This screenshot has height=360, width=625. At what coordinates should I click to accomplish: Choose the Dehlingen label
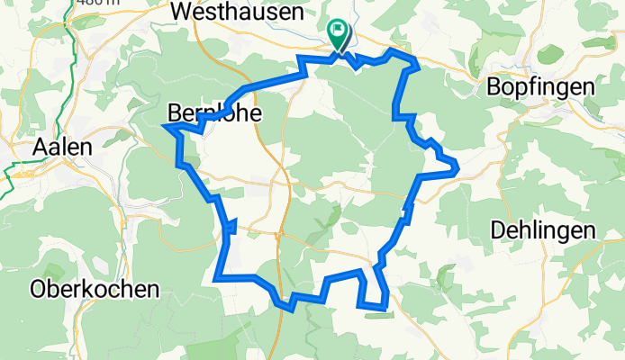(x=544, y=230)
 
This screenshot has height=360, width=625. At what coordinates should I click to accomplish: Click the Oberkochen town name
(x=94, y=290)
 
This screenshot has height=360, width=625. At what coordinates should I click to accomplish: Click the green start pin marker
(x=339, y=34)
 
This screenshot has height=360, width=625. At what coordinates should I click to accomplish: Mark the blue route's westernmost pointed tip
(x=165, y=126)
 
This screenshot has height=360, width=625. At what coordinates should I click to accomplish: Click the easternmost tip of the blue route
(x=458, y=166)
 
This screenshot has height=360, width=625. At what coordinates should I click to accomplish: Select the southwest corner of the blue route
(x=216, y=279)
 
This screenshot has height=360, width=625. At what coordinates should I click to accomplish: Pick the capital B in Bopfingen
(x=494, y=87)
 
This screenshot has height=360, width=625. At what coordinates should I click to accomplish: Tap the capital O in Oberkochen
(x=38, y=290)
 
